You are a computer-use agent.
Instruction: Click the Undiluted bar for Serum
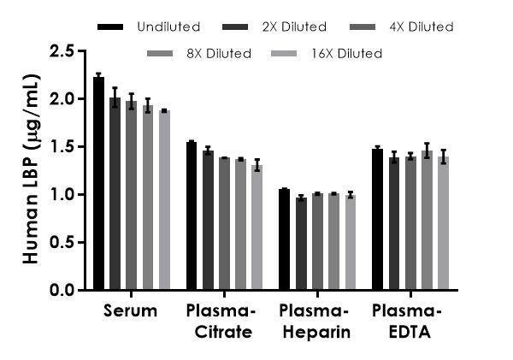[98, 184]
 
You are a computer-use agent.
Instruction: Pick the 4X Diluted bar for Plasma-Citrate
[224, 224]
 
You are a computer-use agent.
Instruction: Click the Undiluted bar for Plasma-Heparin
[285, 239]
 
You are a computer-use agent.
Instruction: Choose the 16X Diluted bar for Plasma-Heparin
[350, 243]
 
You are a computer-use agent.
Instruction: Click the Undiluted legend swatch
[109, 27]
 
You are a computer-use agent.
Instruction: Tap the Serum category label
[131, 311]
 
